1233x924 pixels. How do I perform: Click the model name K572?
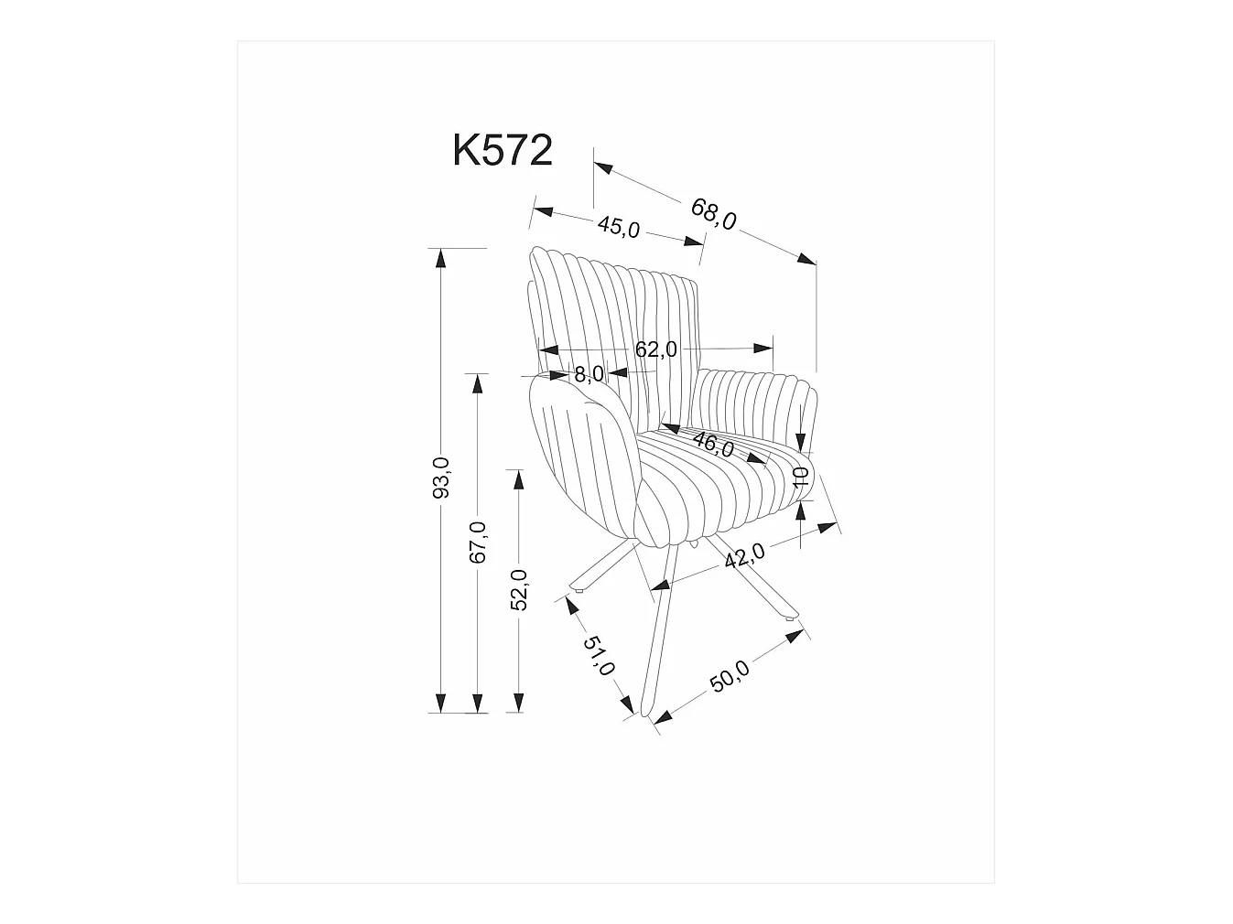click(x=503, y=151)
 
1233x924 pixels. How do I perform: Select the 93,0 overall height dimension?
click(x=441, y=478)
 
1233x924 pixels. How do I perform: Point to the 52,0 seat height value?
click(x=518, y=589)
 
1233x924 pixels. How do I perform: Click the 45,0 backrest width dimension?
click(x=619, y=226)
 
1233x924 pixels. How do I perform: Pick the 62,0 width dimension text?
click(x=655, y=349)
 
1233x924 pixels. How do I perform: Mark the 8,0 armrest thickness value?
click(x=589, y=373)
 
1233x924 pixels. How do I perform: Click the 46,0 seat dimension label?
click(x=713, y=445)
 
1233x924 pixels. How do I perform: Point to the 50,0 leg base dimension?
click(x=730, y=676)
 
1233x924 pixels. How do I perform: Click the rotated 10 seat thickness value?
click(x=801, y=476)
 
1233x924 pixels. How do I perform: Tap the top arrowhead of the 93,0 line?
click(x=441, y=257)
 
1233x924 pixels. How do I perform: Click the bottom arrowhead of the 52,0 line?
click(x=518, y=703)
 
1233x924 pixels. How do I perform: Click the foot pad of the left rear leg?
click(x=577, y=593)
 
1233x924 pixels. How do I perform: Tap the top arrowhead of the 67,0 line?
click(x=477, y=382)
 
